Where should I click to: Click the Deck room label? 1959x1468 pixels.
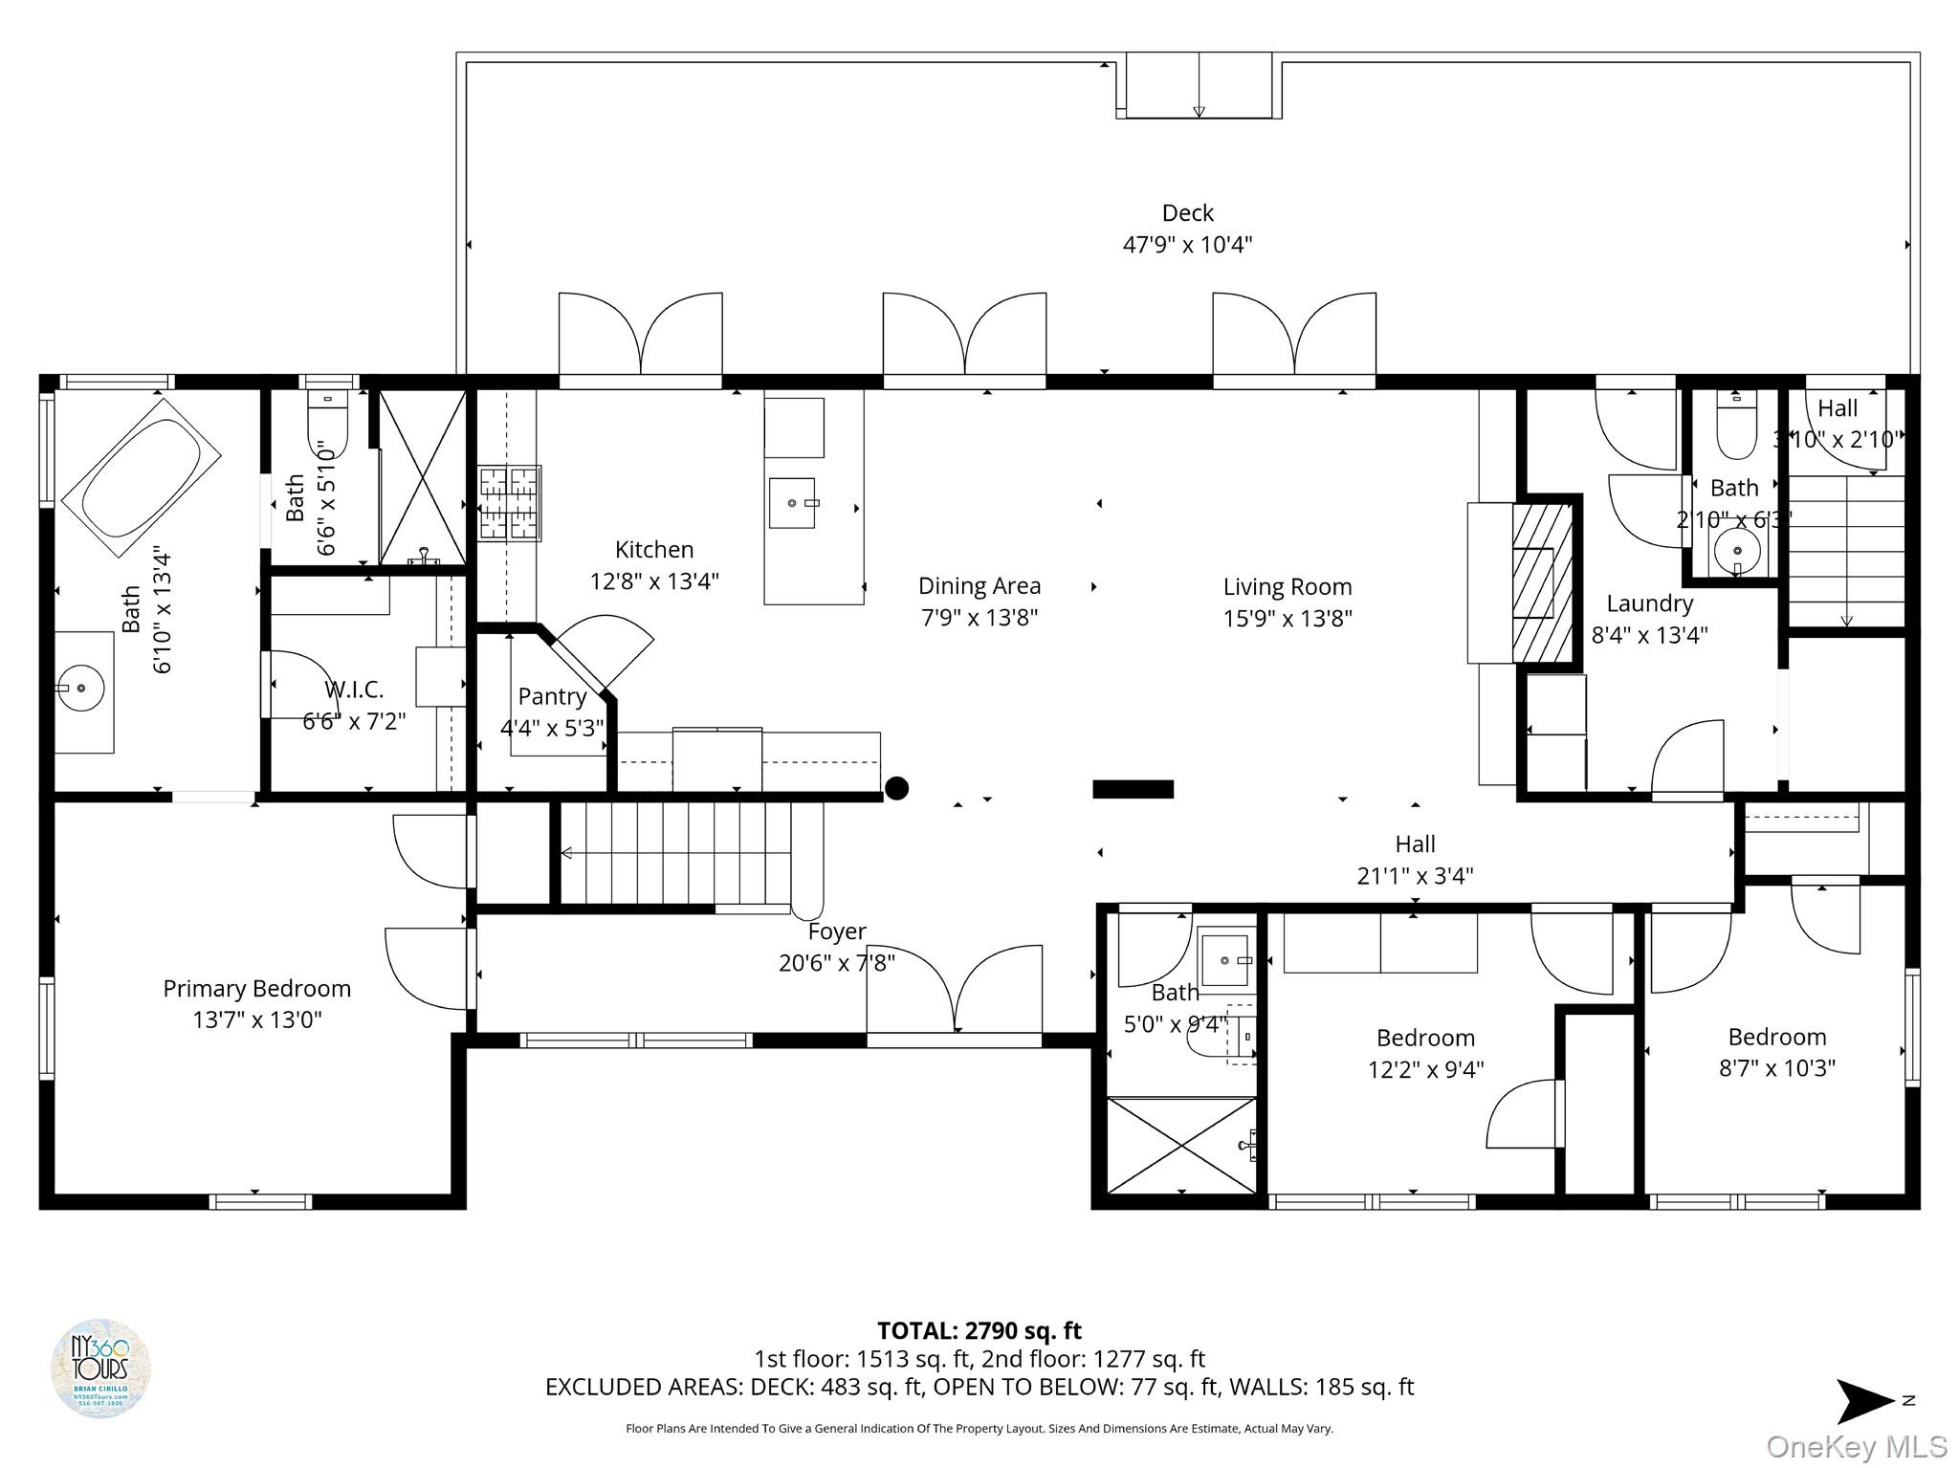tap(1187, 213)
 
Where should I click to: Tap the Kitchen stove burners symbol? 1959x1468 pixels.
tap(510, 503)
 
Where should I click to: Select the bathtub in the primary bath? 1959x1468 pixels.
tap(141, 478)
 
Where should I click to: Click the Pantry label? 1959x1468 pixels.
tap(552, 696)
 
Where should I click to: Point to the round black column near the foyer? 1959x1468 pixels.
tap(896, 788)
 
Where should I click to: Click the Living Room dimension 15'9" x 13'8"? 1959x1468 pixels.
tap(1287, 619)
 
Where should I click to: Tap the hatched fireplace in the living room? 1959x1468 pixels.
tap(1541, 583)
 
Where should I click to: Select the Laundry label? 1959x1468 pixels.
tap(1649, 603)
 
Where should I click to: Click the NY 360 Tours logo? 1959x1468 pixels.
tap(100, 1368)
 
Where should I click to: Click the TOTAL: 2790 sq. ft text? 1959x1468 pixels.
tap(979, 1330)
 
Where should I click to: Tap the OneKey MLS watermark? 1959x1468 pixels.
tap(1856, 1447)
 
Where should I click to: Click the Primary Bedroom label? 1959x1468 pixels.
tap(256, 988)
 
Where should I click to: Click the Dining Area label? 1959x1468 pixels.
tap(979, 585)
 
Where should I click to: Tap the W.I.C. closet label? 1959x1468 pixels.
tap(354, 690)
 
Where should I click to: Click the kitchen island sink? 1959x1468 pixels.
tap(793, 502)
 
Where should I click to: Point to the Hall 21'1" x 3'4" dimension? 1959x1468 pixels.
tap(1415, 875)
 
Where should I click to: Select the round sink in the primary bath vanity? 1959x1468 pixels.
tap(81, 687)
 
